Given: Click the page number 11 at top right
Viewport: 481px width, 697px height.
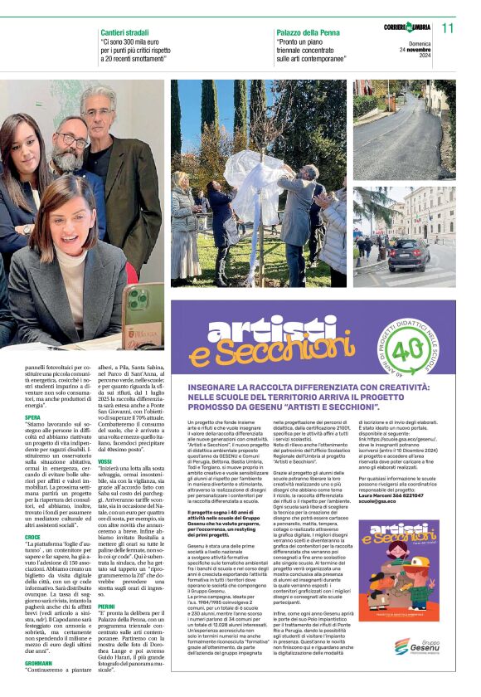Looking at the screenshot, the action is (x=448, y=28).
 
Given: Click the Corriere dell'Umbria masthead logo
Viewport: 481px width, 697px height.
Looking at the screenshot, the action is (x=406, y=27).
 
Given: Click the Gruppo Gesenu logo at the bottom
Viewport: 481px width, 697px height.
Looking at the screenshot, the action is (x=423, y=646).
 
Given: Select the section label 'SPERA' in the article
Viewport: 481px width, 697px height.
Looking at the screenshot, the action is (x=32, y=417).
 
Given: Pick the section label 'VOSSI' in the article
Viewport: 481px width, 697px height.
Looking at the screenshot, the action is (x=105, y=461).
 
